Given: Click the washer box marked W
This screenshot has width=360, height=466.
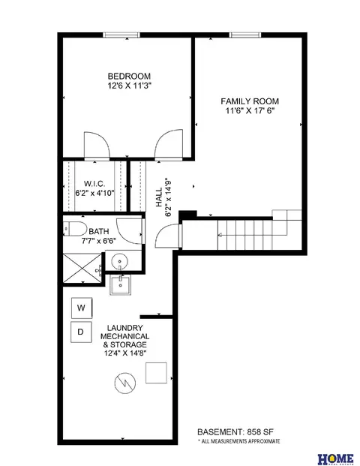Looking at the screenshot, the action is [x=82, y=308].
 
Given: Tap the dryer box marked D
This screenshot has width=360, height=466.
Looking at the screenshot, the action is [x=81, y=332].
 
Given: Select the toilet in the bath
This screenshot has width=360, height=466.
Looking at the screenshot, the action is [x=74, y=229].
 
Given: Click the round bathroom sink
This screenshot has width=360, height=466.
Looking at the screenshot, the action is [x=120, y=262].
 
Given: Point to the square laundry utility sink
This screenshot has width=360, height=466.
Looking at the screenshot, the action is [x=120, y=284].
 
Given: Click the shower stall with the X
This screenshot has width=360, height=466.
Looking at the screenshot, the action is [x=82, y=268].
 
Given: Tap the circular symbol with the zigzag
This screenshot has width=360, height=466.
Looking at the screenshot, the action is [x=124, y=383].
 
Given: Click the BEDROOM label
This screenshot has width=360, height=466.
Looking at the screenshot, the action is [x=129, y=76].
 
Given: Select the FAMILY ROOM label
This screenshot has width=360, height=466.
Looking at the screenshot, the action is [x=250, y=101].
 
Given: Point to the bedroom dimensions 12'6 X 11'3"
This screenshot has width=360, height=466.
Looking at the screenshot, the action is [x=130, y=86].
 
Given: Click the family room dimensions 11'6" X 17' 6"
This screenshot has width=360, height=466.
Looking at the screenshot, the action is [x=250, y=111].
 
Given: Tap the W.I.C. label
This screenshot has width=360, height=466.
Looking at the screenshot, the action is [x=94, y=184].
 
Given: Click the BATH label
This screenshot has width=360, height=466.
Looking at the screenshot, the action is [x=99, y=231].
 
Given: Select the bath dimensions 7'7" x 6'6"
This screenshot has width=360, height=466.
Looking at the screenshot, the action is [x=99, y=240].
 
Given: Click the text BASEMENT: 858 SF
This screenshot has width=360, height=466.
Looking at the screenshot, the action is [x=235, y=431].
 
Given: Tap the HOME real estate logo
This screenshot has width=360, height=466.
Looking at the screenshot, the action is [x=336, y=459].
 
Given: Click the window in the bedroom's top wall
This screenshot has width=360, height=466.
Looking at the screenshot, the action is [x=121, y=35].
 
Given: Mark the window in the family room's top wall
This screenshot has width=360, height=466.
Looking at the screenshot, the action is [x=245, y=35].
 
